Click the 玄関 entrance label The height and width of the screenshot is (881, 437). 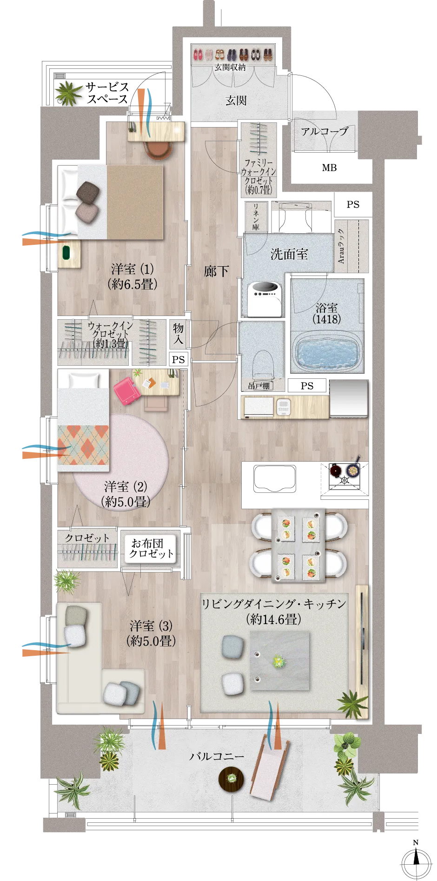(236, 101)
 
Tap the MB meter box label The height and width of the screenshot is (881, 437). (329, 168)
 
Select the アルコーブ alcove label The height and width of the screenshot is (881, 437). (324, 132)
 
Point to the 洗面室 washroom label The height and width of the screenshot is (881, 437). (289, 254)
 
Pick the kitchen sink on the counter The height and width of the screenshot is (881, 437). (275, 478)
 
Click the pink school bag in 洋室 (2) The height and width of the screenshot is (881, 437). (127, 391)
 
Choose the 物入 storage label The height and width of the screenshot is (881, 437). (178, 334)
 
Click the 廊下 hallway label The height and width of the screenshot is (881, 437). (216, 271)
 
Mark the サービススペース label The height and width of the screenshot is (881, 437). (107, 93)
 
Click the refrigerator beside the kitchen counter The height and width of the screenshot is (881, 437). (349, 398)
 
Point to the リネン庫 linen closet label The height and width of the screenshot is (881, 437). (256, 216)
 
